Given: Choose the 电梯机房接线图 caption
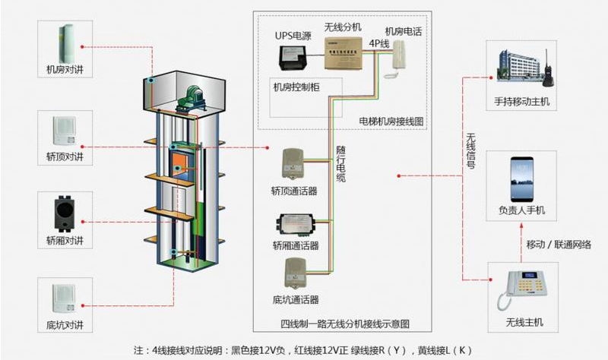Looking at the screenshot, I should click(391, 121).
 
